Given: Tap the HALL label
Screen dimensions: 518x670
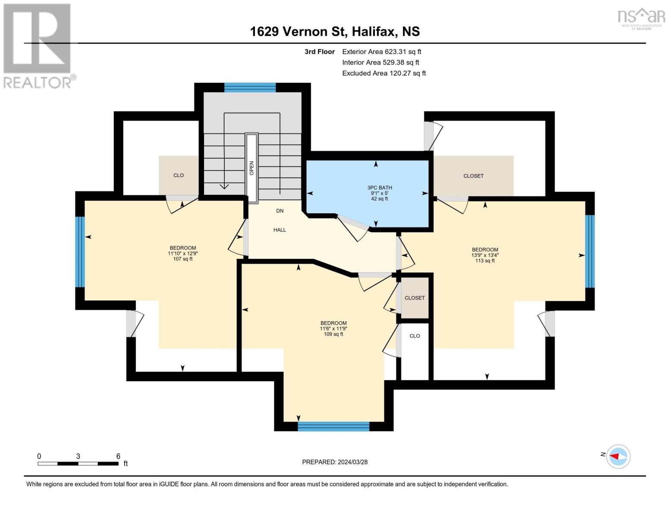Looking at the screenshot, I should (x=280, y=230).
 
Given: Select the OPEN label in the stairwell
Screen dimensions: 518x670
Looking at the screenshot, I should (x=252, y=168).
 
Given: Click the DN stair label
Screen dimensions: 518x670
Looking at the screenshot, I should (x=280, y=211).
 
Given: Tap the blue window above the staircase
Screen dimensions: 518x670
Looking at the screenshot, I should (x=250, y=88).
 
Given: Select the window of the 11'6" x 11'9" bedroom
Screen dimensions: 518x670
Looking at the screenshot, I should (x=333, y=426).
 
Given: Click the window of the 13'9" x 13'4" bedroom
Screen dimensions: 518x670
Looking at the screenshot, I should (x=590, y=251).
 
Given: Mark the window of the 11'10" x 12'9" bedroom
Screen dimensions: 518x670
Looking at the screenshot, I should (x=80, y=252).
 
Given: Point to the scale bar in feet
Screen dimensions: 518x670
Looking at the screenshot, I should (x=78, y=464).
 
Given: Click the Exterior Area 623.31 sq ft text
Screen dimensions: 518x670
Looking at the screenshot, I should (x=381, y=52).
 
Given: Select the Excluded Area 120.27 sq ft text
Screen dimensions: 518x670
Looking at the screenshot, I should (x=384, y=73).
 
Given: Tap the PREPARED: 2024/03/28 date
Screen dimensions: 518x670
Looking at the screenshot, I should (x=335, y=462).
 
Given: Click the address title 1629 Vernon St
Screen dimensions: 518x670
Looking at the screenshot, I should (x=335, y=32).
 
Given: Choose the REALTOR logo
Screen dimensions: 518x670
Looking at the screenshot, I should (x=38, y=45).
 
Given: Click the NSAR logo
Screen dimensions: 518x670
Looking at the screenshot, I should (x=642, y=17).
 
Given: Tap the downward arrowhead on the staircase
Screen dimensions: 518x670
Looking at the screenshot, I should (x=224, y=186).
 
